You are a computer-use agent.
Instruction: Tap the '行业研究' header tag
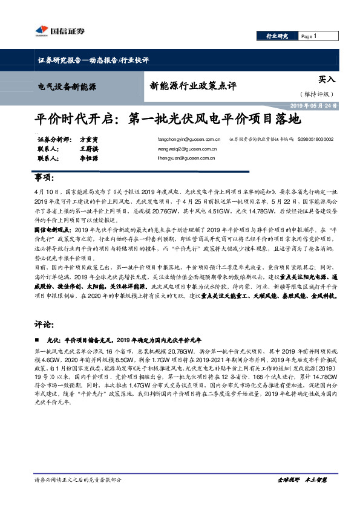[x=278, y=37]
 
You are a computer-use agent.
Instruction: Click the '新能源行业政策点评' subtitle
[x=188, y=85]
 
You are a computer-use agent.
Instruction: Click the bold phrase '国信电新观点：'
[x=53, y=230]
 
